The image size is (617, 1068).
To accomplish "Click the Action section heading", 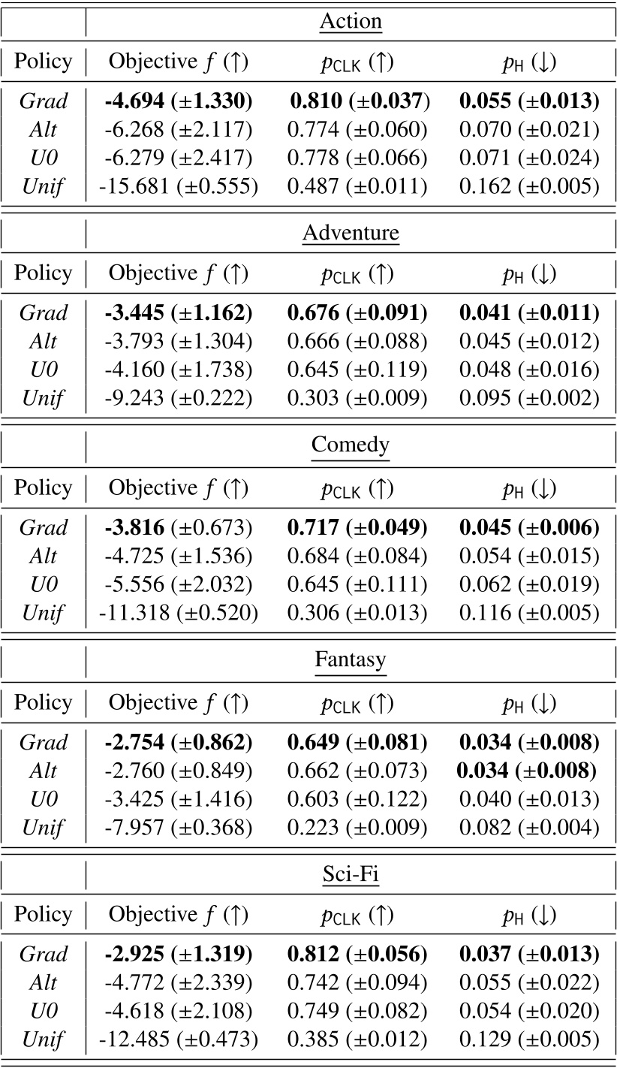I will click(x=351, y=21).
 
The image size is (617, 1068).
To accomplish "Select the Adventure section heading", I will click(x=351, y=234).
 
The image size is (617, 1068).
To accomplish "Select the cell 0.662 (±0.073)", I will click(x=357, y=771).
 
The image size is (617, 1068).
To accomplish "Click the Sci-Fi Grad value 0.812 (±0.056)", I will click(x=357, y=955).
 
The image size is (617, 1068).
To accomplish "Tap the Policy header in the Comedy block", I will click(x=44, y=488).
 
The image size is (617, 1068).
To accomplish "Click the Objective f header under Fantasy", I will click(x=178, y=703).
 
